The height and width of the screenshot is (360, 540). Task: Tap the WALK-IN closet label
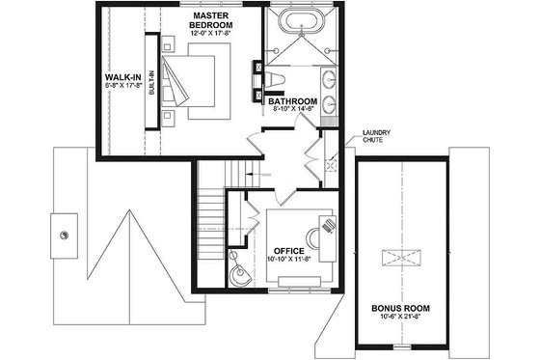point(124,76)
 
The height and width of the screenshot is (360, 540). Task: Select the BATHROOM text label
point(293,100)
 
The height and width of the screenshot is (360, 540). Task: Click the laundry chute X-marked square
point(331,165)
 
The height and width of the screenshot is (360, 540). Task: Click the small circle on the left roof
point(66,234)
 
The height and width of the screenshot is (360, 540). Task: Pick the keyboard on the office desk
point(330,224)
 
